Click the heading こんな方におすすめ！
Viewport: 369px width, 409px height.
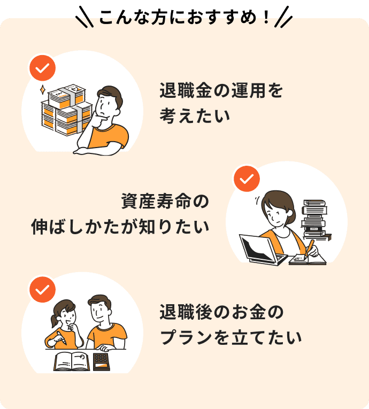184,18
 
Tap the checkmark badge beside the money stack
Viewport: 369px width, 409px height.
42,68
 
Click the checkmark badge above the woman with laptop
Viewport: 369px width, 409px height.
247,179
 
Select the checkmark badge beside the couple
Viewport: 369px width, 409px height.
42,290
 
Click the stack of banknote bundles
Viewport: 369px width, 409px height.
67,110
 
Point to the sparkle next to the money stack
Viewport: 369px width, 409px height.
43,90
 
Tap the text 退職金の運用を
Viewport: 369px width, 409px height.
221,90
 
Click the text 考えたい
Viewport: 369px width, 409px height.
195,116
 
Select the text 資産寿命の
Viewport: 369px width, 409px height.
165,202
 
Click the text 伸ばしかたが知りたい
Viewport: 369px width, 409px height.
120,226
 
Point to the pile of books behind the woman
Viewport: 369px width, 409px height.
315,220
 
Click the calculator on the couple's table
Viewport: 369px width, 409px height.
101,362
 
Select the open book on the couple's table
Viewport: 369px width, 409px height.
72,361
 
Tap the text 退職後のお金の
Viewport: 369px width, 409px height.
221,312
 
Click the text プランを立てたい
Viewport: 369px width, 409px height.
230,337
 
